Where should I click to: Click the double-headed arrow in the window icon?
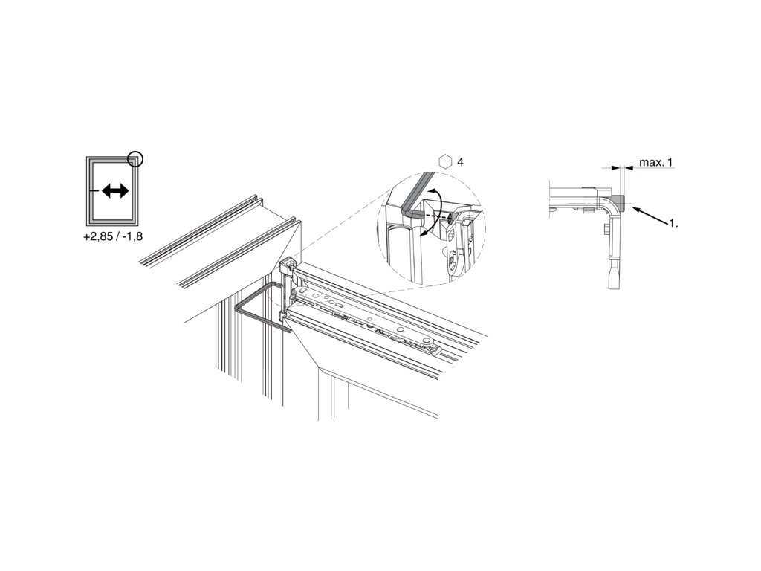[115, 191]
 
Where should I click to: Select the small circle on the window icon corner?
[136, 158]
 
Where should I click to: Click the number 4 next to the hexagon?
[461, 161]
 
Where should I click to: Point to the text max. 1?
[656, 162]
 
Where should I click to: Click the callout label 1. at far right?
[673, 223]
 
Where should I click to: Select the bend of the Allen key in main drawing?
[243, 306]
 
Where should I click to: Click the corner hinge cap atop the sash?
[288, 265]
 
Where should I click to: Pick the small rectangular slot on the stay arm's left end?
[301, 291]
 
